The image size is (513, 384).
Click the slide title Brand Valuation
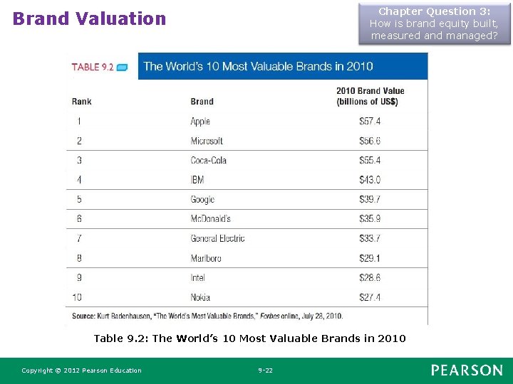coord(89,18)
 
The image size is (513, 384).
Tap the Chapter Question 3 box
coord(435,23)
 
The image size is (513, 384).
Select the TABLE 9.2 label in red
coord(93,67)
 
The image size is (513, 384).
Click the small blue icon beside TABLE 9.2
coord(122,68)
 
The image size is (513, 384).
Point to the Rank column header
coord(81,102)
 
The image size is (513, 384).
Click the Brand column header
coord(202,102)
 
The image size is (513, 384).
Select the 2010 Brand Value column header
coord(370,96)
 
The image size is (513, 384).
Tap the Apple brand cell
coord(200,122)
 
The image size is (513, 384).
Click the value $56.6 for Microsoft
coord(370,141)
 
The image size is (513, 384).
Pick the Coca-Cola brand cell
coord(208,160)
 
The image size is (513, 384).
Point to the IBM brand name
coord(197,180)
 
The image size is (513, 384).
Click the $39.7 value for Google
coord(370,199)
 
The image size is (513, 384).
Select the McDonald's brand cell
coord(211,218)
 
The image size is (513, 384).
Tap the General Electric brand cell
coord(217,238)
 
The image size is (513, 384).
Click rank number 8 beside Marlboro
coord(79,258)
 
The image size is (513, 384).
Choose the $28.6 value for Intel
coord(370,277)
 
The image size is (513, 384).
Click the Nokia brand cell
coord(200,297)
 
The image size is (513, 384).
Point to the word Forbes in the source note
coord(270,316)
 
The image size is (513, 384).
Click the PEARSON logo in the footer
coord(467,370)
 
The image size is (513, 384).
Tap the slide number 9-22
coord(265,370)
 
